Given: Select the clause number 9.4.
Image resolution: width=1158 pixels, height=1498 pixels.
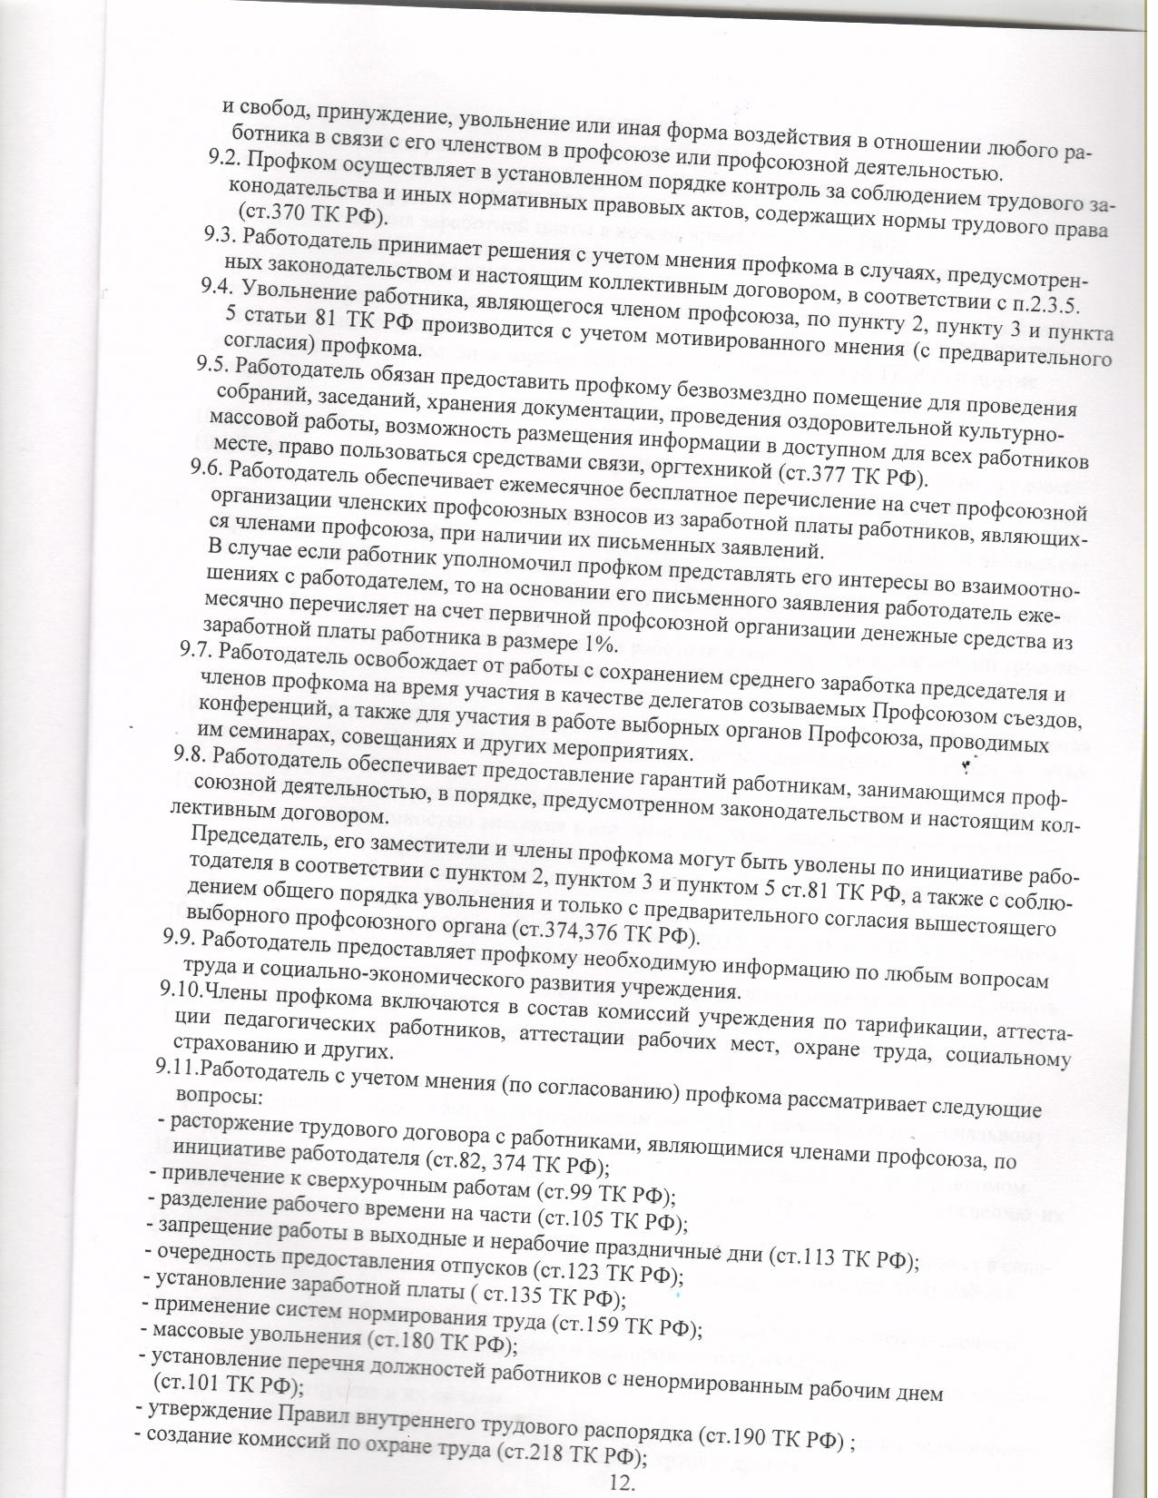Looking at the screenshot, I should point(215,290).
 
